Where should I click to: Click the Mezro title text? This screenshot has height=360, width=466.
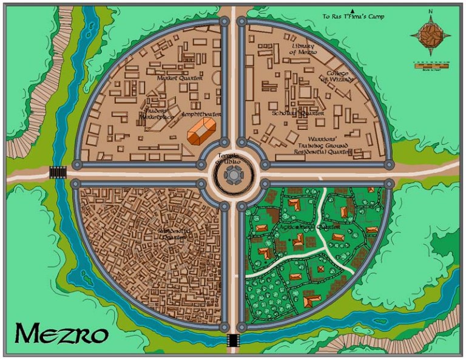[x=62, y=333]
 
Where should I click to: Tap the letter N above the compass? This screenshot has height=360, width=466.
[x=430, y=11]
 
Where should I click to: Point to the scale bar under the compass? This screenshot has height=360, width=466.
[x=431, y=64]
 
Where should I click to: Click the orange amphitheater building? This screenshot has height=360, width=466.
[x=203, y=132]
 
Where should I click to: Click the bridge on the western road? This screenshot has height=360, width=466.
[x=58, y=173]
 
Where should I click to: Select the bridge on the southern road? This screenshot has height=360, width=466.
[x=233, y=342]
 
